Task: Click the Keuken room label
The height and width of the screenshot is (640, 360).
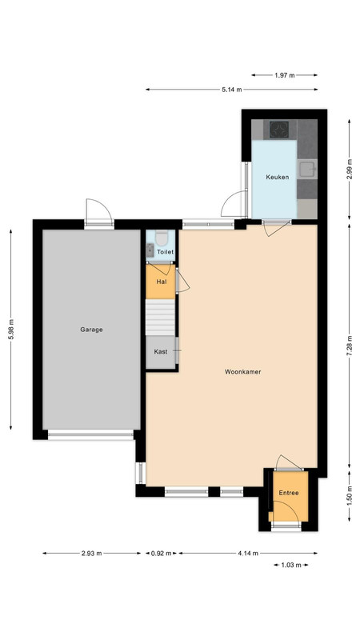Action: [277, 177]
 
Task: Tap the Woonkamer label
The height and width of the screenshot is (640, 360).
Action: [243, 372]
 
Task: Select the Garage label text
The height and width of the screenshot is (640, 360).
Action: [91, 330]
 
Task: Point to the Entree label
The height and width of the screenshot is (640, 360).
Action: [289, 493]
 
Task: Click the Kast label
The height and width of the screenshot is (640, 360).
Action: [161, 351]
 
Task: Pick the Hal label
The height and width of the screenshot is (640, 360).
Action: [161, 282]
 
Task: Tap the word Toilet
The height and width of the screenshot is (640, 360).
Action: [166, 252]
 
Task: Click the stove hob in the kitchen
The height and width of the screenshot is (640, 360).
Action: [279, 130]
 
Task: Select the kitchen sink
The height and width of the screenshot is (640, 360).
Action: [307, 168]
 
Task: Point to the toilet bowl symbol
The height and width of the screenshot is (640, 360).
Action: [162, 238]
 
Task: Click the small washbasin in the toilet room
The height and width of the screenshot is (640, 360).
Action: [150, 250]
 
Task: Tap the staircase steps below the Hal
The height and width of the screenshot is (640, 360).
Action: [161, 317]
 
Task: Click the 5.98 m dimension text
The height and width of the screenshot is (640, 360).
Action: [11, 330]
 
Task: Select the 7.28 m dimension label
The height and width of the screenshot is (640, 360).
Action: [350, 346]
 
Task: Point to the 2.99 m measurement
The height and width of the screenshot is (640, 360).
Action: [350, 169]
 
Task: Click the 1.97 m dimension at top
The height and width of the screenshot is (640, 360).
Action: [285, 75]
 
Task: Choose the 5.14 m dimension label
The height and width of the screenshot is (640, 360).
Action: [232, 90]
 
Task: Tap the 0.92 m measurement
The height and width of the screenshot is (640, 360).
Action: [162, 554]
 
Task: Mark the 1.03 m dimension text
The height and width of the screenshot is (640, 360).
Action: [291, 566]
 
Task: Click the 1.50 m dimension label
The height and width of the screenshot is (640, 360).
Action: [350, 496]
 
